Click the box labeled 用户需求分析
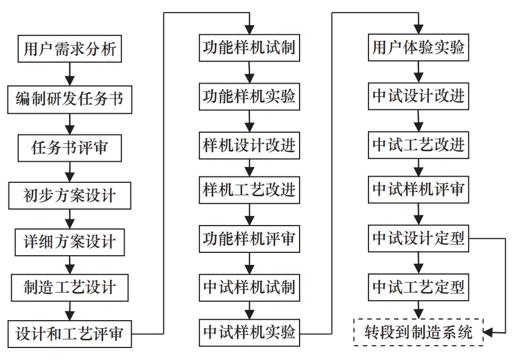(69, 49)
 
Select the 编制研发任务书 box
(69, 99)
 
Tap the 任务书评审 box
(69, 148)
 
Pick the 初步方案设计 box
(69, 196)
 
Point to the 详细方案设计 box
(69, 242)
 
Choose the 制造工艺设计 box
(69, 287)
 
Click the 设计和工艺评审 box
(69, 333)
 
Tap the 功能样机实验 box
(249, 97)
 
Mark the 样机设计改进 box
(249, 145)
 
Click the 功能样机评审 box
(249, 239)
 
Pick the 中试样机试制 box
(249, 287)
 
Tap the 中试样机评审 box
(419, 190)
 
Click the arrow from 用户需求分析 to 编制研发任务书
(69, 73)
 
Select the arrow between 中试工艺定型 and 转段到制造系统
(419, 310)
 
